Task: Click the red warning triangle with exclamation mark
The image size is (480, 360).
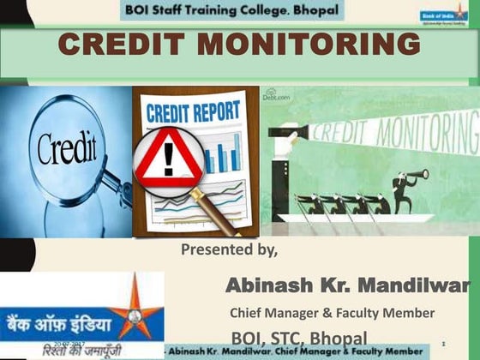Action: pyautogui.click(x=169, y=159)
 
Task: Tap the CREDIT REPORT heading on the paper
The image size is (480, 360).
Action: pyautogui.click(x=195, y=113)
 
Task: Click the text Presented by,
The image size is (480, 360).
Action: pyautogui.click(x=229, y=250)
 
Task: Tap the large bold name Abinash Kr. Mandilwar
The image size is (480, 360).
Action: pyautogui.click(x=347, y=284)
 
